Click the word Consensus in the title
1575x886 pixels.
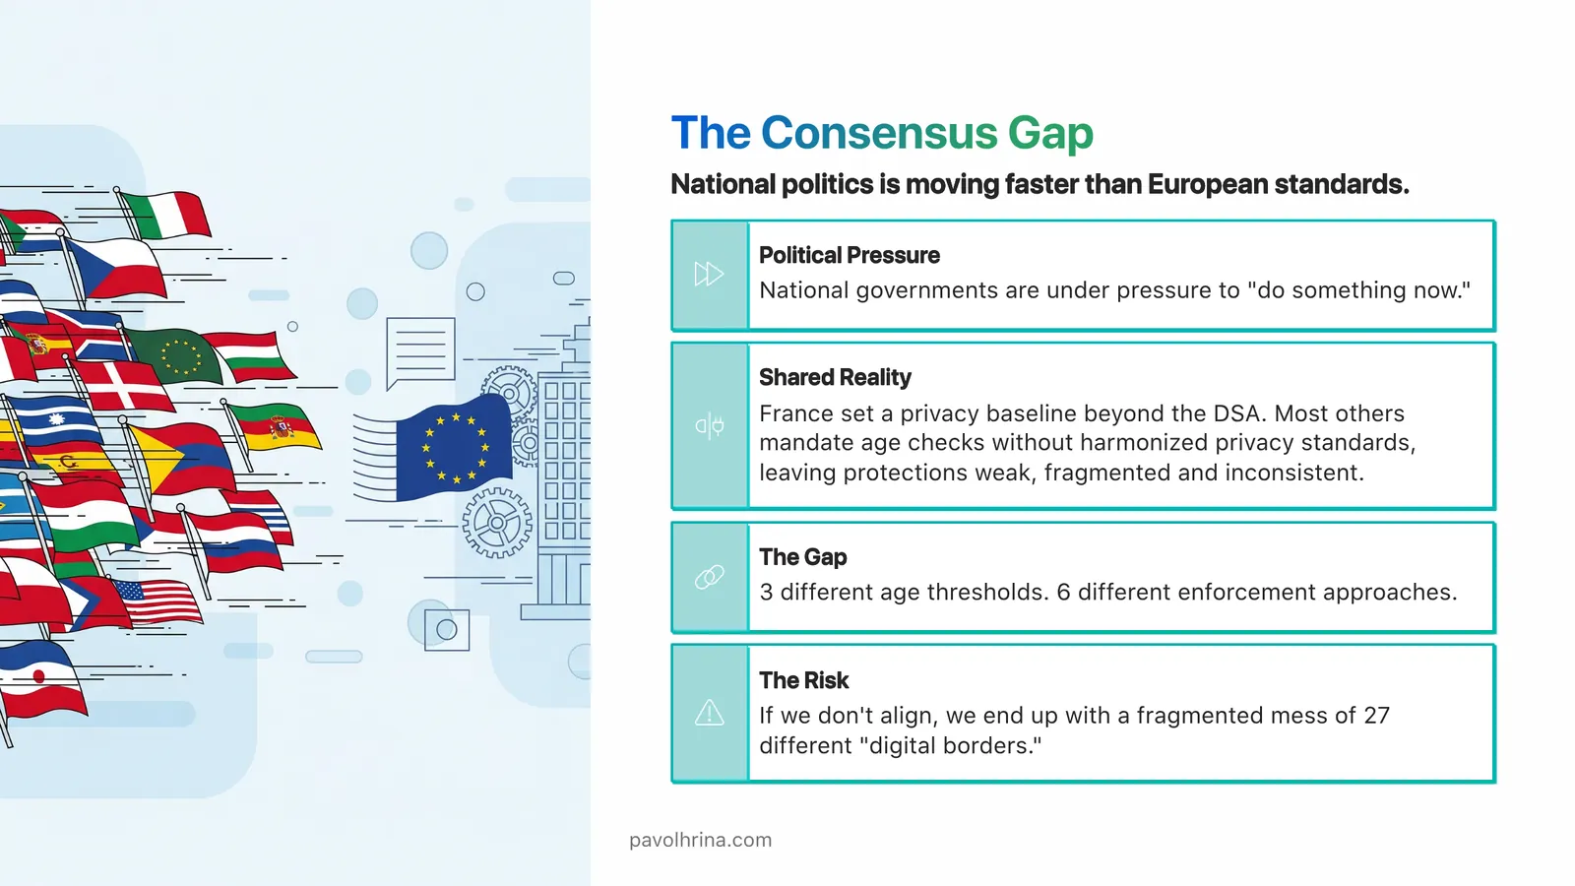[879, 133]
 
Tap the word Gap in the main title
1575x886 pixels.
[1050, 133]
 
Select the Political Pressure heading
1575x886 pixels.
[849, 255]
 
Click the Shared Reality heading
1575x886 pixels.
[835, 377]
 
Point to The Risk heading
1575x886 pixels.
[803, 680]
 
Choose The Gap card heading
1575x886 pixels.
[802, 557]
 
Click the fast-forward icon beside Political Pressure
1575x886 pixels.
[709, 274]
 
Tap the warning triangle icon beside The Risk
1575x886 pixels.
[709, 713]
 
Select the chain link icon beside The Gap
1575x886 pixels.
[709, 577]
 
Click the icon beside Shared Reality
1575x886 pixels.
[709, 425]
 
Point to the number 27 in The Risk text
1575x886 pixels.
[1376, 716]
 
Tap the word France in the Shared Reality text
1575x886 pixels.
[793, 413]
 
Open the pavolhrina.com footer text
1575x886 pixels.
[700, 840]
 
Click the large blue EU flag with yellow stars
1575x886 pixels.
[453, 448]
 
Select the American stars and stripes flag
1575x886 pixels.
[157, 601]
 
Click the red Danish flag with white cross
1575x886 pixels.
[123, 387]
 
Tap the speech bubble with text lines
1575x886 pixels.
[420, 350]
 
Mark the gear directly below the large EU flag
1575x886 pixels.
[496, 522]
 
